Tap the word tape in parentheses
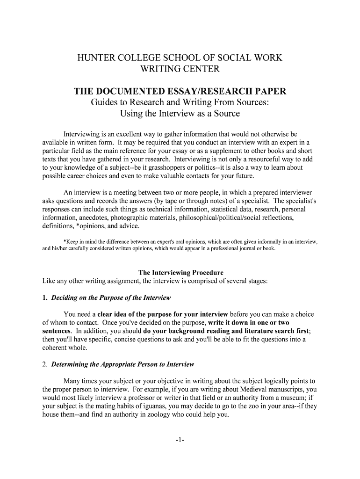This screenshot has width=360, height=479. pyautogui.click(x=175, y=201)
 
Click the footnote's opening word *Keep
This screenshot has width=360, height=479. pyautogui.click(x=64, y=242)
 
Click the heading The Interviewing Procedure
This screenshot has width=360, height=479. pyautogui.click(x=180, y=272)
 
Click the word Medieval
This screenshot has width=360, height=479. pyautogui.click(x=226, y=389)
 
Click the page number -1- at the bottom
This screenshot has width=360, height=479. pyautogui.click(x=180, y=440)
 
